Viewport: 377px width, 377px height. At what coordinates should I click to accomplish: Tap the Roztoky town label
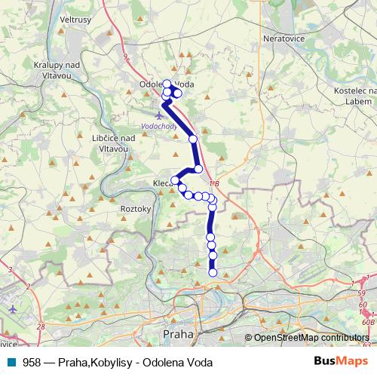tap(136, 209)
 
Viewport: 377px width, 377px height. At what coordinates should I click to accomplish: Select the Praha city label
tap(178, 333)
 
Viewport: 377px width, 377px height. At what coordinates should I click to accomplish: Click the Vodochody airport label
tap(158, 127)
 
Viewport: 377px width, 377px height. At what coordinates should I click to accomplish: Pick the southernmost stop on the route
tap(213, 273)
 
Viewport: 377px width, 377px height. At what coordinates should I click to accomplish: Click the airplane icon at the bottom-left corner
tap(14, 308)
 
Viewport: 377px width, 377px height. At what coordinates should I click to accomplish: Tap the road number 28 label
tap(40, 326)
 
